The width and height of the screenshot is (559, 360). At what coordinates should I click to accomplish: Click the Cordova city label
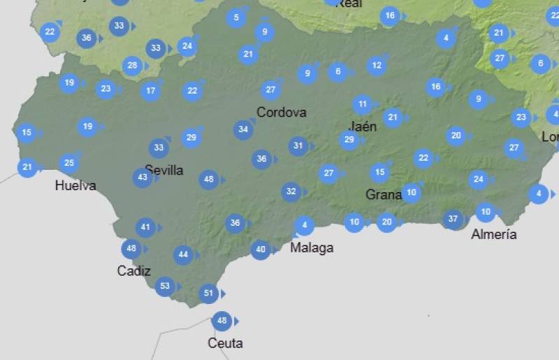coord(281,112)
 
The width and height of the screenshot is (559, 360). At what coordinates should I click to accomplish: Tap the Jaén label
coord(362,127)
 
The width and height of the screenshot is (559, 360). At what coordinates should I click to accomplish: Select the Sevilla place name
coord(164,170)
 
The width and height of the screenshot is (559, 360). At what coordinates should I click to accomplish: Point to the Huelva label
coord(75,186)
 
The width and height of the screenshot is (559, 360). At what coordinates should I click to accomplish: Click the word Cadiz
coord(133,271)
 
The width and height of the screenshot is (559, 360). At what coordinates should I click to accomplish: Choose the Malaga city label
coord(312,247)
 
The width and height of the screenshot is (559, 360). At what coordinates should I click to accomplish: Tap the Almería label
coord(494,234)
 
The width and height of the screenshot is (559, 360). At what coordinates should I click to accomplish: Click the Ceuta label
coord(225,343)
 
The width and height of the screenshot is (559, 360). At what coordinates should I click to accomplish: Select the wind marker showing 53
coord(165,286)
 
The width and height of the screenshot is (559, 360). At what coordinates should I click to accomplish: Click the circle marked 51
coord(208,294)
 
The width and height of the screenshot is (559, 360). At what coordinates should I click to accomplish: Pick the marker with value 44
coord(183,255)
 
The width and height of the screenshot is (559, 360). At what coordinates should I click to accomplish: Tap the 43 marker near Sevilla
coord(143,178)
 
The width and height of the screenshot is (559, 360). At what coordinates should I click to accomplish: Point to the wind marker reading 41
coord(145,227)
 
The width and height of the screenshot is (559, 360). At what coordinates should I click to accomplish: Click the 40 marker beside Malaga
coord(261,250)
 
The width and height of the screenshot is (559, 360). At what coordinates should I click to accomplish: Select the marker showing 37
coord(453,219)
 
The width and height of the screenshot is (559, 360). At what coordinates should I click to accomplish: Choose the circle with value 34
coord(243,129)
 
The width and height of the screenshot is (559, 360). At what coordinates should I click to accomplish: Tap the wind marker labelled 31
coord(298,146)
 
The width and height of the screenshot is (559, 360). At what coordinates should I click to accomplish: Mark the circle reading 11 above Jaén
coord(362,106)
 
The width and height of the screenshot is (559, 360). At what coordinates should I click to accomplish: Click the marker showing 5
coord(236,17)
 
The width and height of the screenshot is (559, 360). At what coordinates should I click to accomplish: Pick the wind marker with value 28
coord(132,66)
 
